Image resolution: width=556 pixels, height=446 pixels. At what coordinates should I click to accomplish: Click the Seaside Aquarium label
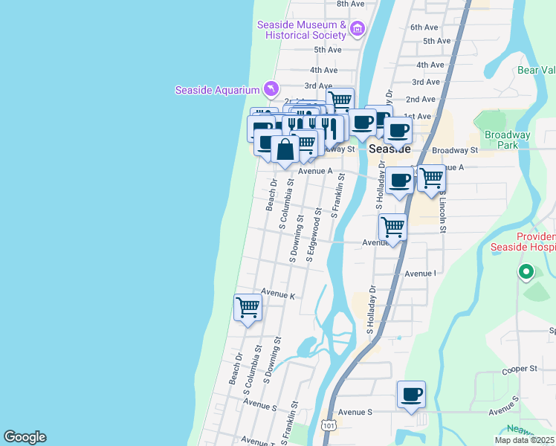(x=217, y=91)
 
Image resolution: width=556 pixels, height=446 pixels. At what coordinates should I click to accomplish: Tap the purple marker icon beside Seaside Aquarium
(x=271, y=89)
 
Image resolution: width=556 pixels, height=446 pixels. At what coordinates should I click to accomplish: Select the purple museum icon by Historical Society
(x=358, y=29)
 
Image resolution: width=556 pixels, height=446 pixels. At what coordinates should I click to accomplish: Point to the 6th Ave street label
(x=424, y=27)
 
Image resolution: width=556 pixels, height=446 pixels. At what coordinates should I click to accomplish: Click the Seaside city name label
(x=389, y=149)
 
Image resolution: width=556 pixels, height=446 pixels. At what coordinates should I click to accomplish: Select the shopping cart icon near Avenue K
(x=248, y=306)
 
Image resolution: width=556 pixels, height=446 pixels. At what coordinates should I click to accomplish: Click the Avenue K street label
(x=278, y=296)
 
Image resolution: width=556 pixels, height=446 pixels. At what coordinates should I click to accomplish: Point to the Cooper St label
(x=519, y=369)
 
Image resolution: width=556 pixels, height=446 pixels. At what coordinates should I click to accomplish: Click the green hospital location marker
(x=526, y=272)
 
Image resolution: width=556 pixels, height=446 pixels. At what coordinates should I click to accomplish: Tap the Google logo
(x=25, y=437)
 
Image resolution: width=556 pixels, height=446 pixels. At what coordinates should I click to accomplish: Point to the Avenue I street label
(x=420, y=274)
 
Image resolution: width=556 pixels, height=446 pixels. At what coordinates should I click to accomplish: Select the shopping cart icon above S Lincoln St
(x=431, y=178)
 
